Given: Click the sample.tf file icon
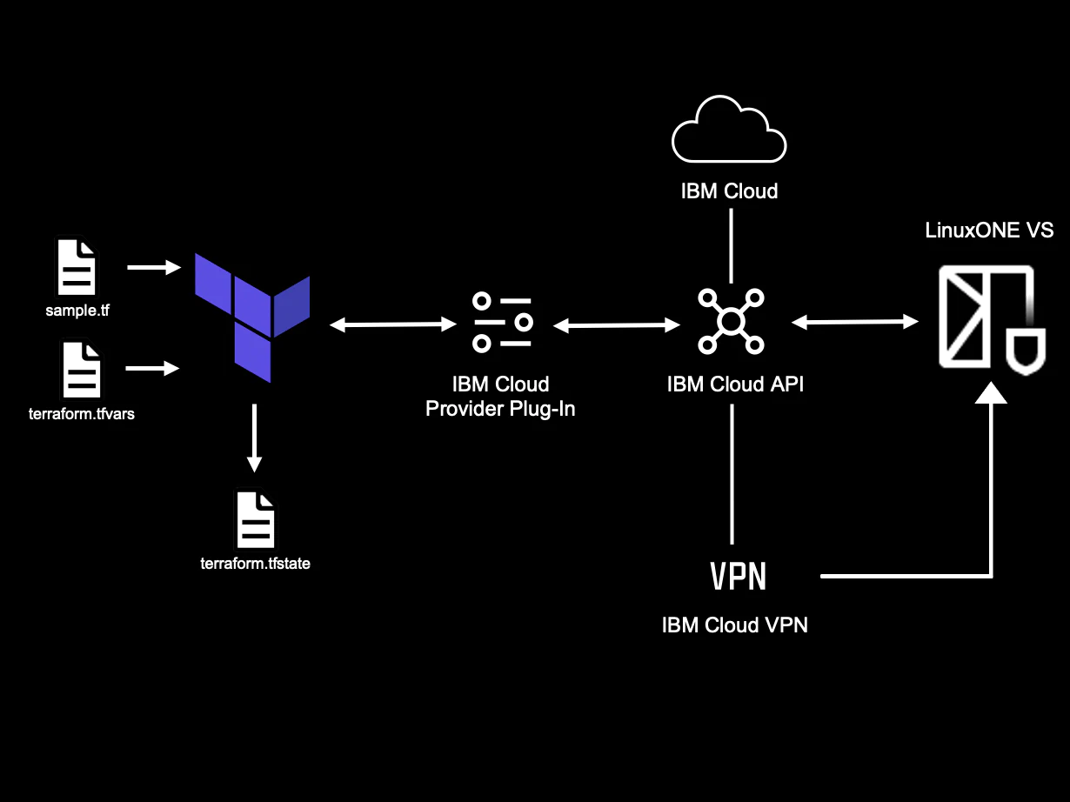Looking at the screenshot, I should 77,267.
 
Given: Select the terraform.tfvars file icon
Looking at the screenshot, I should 81,369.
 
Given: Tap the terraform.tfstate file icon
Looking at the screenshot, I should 255,519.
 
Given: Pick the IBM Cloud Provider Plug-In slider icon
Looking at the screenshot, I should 502,323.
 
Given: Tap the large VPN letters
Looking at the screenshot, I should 738,576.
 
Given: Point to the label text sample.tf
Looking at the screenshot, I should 77,309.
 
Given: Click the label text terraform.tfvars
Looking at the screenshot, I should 81,414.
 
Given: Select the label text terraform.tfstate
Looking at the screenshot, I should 255,564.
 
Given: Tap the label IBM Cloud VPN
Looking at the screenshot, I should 734,625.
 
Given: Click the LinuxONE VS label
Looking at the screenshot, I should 988,231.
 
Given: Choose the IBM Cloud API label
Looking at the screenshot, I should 735,384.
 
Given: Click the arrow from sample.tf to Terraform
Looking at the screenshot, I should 153,267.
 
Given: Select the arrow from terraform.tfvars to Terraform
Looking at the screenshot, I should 153,369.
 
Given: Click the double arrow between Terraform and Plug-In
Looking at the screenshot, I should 394,324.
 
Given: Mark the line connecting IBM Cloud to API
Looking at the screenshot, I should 731,245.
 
